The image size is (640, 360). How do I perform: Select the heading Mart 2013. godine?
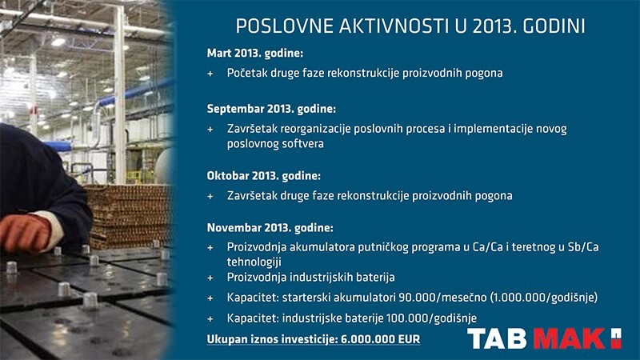click(254, 54)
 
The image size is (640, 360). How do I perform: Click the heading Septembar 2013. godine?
click(271, 109)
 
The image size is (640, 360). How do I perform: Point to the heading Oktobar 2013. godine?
click(264, 176)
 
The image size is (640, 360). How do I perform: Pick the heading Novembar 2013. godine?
click(270, 228)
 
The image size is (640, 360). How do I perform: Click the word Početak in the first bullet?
click(246, 73)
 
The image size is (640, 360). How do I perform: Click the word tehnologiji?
click(254, 262)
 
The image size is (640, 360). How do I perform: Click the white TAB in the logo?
click(497, 338)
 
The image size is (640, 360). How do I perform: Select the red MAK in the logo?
click(570, 338)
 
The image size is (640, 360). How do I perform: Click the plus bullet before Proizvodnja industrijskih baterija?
click(210, 278)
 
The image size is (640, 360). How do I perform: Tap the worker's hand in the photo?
click(27, 232)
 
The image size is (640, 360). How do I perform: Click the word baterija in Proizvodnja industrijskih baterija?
click(376, 278)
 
